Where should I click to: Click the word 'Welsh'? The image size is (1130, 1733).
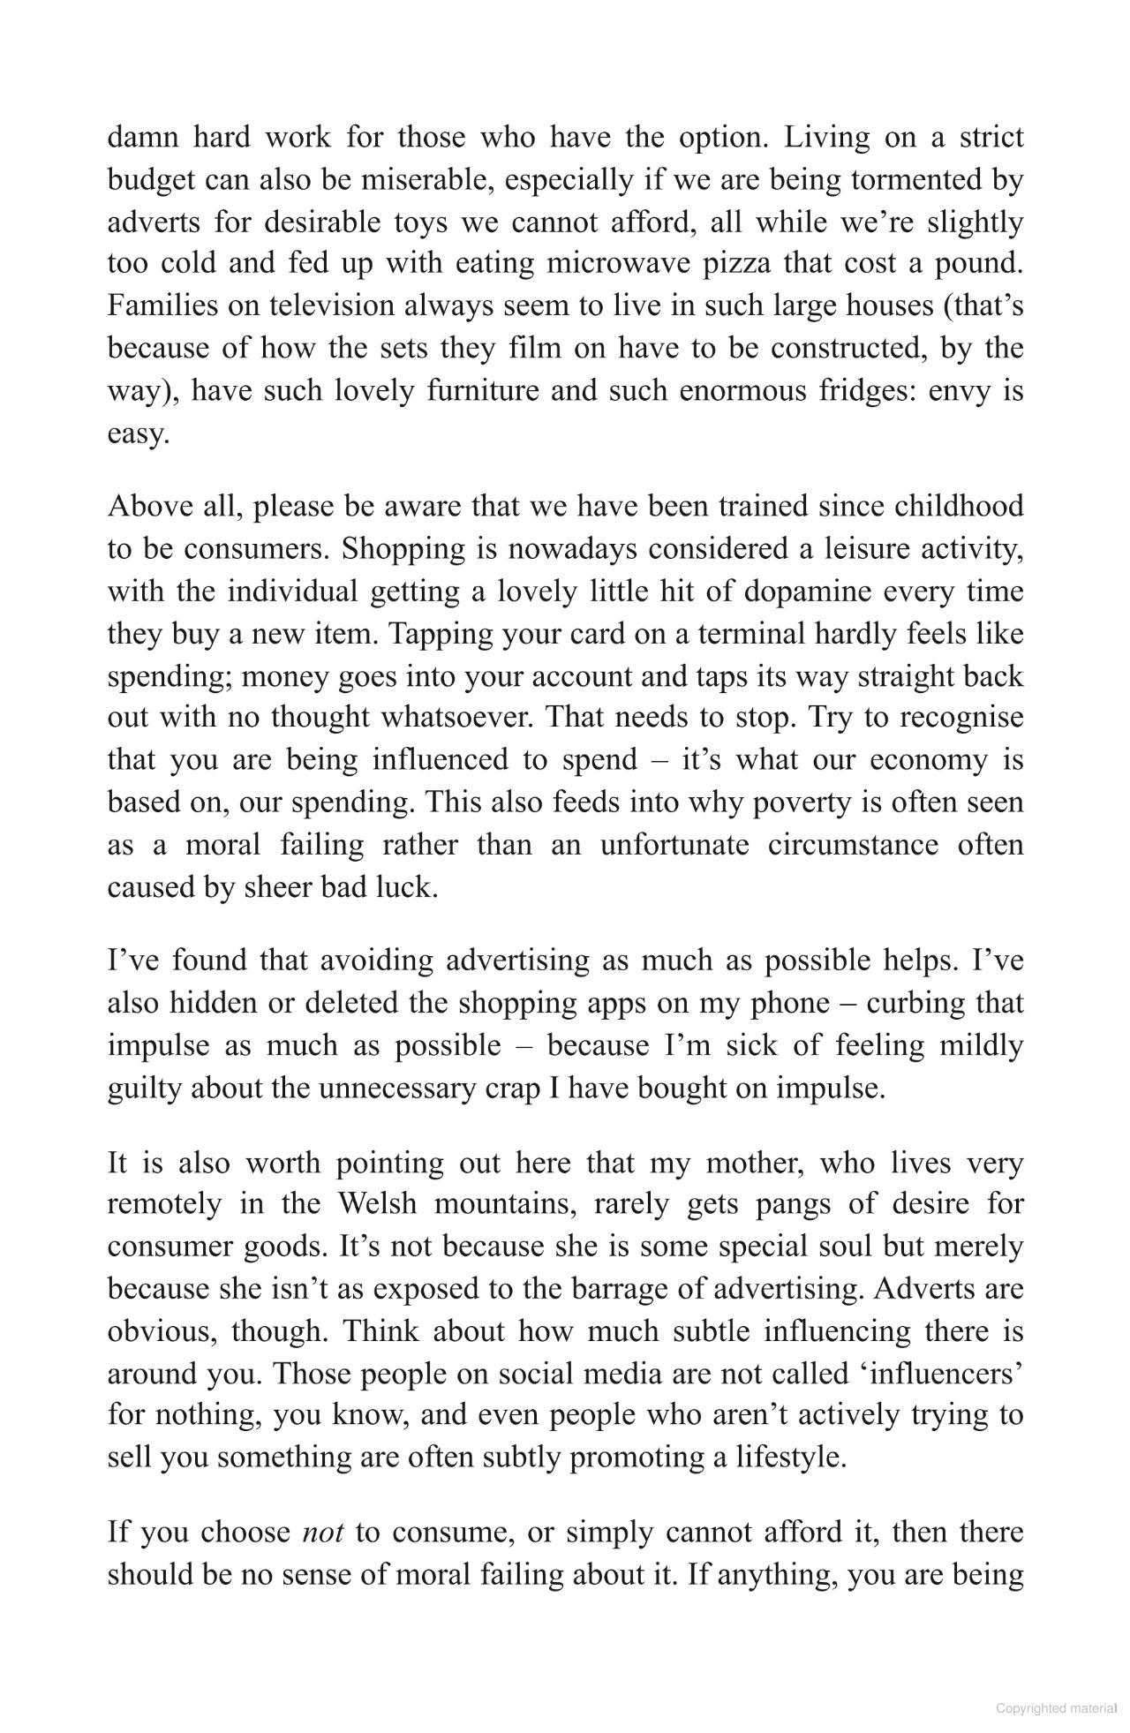(x=377, y=1203)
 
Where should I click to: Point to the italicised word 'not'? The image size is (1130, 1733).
(x=322, y=1531)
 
